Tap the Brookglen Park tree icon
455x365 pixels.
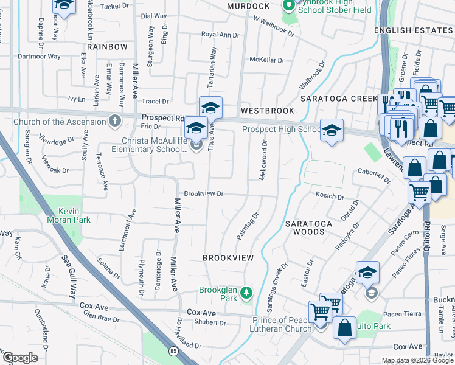tap(246, 294)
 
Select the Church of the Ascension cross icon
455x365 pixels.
tap(114, 121)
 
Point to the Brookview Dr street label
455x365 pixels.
tap(204, 193)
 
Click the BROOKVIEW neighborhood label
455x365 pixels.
tap(228, 258)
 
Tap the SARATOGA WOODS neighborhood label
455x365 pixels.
tap(309, 228)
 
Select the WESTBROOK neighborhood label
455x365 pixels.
tap(267, 111)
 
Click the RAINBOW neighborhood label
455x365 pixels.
tap(107, 47)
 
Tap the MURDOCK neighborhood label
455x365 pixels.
tap(248, 6)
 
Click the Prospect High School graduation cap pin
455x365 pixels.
tap(332, 131)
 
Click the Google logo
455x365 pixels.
tap(21, 358)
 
